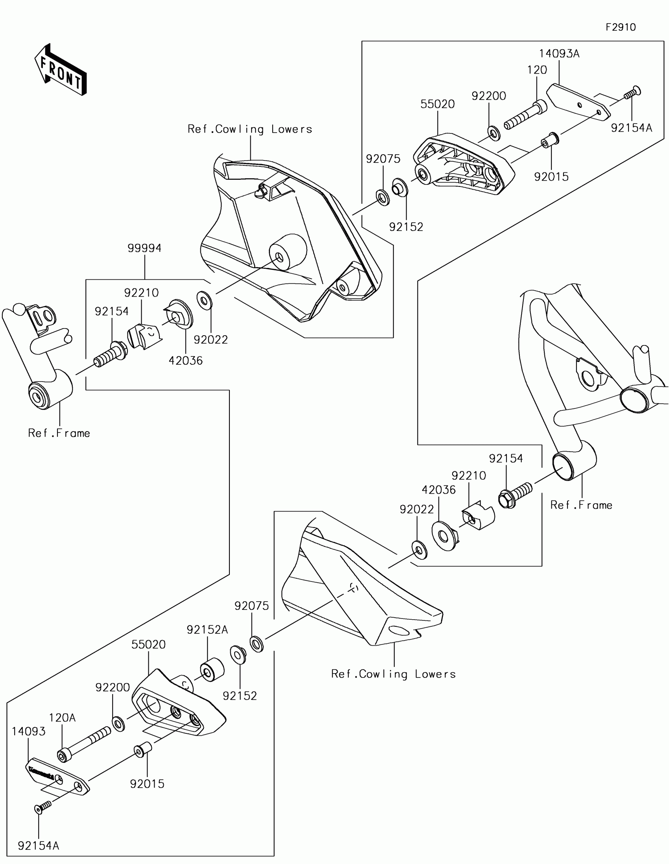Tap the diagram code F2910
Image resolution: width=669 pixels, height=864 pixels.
pos(621,27)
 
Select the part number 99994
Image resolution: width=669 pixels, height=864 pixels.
pos(144,248)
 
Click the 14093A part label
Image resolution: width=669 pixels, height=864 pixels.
pos(559,54)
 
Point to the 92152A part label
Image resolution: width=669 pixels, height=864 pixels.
pos(207,630)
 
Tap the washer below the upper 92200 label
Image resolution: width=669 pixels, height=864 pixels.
pos(493,133)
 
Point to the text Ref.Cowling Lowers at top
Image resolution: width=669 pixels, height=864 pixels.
pos(250,129)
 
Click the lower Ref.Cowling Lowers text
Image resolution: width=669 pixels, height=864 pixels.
pos(393,674)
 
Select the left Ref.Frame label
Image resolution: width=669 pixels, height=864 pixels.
pos(59,433)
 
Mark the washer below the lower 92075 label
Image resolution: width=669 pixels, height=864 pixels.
pos(257,644)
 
